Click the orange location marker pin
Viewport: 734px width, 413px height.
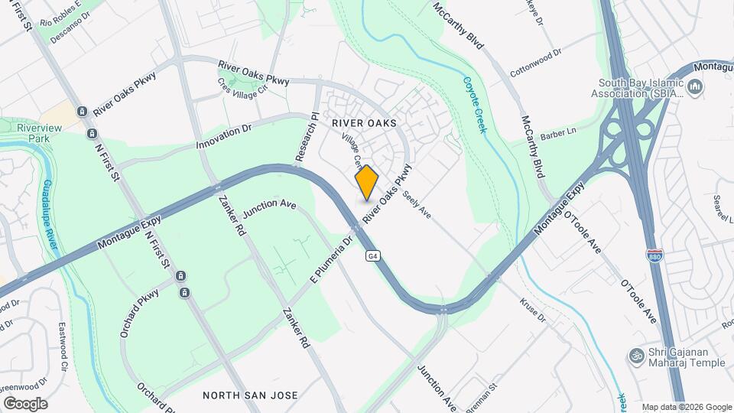pos(367,182)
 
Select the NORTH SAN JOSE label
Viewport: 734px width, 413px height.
pos(250,395)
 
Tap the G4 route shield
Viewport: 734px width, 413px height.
pos(372,255)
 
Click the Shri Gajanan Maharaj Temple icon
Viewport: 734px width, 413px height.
pos(635,356)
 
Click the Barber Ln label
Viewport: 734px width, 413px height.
pos(557,136)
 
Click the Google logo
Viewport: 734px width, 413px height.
pos(25,403)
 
